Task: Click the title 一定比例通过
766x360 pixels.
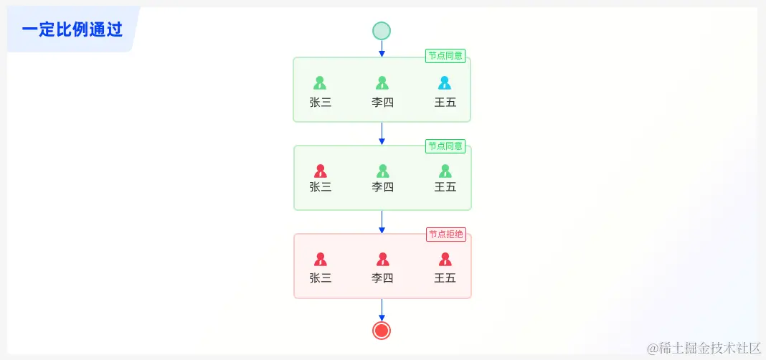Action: [72, 30]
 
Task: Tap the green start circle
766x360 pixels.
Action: [382, 31]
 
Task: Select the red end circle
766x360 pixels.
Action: [382, 330]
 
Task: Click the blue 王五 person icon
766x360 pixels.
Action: [445, 83]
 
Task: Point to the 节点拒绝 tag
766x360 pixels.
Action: [445, 235]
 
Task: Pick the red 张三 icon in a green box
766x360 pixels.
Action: [321, 171]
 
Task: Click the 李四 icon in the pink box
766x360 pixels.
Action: [383, 259]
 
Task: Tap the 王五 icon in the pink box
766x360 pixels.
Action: [445, 259]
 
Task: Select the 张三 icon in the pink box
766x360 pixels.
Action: [321, 259]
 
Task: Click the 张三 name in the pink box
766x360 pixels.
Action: [321, 278]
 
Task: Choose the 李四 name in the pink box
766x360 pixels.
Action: [383, 278]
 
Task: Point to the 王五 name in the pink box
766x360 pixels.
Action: [445, 278]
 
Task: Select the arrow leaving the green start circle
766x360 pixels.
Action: [382, 49]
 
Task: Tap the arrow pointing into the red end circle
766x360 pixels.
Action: [382, 310]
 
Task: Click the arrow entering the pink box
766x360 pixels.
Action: [382, 222]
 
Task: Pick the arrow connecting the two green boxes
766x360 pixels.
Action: [382, 133]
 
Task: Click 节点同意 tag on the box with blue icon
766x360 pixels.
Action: [445, 56]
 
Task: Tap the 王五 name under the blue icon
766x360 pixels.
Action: [445, 102]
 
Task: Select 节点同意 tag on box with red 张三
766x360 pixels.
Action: [445, 146]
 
